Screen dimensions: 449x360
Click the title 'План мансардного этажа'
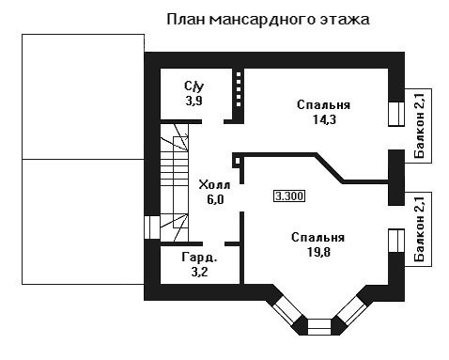(268, 20)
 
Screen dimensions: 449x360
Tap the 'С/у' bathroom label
(194, 86)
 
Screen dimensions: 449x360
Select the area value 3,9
(194, 101)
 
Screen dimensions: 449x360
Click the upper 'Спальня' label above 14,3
(323, 105)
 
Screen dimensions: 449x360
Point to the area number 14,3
(324, 119)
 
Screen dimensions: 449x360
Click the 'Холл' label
(214, 185)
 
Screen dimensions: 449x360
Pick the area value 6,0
(215, 199)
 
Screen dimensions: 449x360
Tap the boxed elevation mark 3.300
(289, 196)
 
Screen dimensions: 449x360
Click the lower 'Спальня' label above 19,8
(318, 238)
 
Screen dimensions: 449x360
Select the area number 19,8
(319, 252)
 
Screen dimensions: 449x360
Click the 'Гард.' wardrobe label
(199, 258)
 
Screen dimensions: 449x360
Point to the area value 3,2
(200, 272)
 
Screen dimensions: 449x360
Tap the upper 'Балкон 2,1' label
(419, 125)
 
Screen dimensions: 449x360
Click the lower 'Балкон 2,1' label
(419, 229)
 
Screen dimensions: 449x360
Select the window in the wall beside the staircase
(152, 227)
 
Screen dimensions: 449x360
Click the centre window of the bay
(319, 327)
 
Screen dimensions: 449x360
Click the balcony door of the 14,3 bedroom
(396, 114)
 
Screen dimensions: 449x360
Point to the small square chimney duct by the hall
(238, 161)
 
